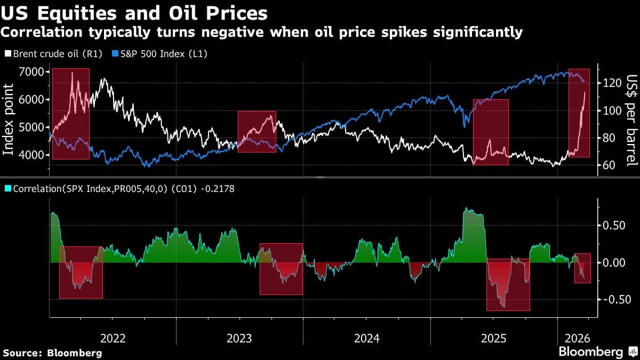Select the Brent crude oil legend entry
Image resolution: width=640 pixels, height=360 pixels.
point(47,54)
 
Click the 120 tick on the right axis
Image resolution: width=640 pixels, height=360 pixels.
point(609,83)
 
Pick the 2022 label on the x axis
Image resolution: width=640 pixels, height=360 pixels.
point(113,338)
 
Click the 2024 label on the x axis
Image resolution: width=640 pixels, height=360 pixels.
point(366,338)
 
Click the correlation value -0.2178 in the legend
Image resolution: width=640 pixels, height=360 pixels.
point(218,188)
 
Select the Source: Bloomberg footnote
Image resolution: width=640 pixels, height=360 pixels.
point(52,353)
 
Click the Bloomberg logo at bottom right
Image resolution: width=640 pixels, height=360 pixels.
point(597,351)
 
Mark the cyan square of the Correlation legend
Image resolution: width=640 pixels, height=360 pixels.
point(8,188)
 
